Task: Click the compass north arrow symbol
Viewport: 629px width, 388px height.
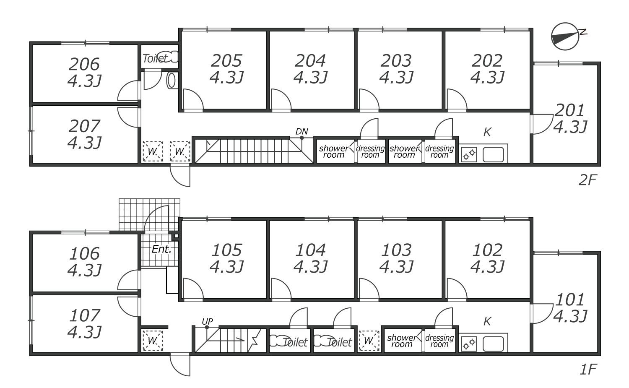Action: click(x=566, y=36)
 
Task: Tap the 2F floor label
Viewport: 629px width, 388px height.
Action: click(x=588, y=180)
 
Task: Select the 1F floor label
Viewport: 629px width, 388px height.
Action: click(x=588, y=370)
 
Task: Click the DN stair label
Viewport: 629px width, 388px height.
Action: click(x=302, y=131)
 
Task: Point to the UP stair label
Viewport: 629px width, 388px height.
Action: click(x=208, y=321)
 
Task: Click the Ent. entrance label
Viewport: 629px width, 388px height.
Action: click(x=161, y=249)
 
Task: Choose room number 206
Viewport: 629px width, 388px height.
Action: click(x=84, y=64)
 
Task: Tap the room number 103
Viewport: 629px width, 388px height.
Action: click(x=396, y=250)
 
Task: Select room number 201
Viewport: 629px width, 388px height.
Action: click(x=569, y=110)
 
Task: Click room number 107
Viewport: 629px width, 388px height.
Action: click(x=85, y=315)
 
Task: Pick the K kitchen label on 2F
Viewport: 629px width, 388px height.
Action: click(x=487, y=132)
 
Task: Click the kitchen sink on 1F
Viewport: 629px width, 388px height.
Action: click(x=494, y=344)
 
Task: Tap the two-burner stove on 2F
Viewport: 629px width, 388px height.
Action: click(x=469, y=154)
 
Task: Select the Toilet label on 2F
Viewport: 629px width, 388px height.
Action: click(x=155, y=58)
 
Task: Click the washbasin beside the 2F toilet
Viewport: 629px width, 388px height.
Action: click(x=171, y=81)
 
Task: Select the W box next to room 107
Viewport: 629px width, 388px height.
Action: click(x=153, y=341)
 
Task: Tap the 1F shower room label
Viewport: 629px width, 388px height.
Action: click(x=402, y=341)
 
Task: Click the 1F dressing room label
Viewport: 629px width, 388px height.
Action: click(x=439, y=341)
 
